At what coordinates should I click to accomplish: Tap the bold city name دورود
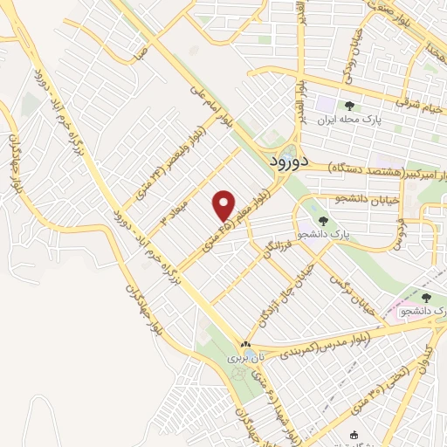pos(285,162)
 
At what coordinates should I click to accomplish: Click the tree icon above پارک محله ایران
pos(349,107)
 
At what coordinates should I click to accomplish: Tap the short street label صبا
pos(141,52)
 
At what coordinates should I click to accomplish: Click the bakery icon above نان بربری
pos(244,345)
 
